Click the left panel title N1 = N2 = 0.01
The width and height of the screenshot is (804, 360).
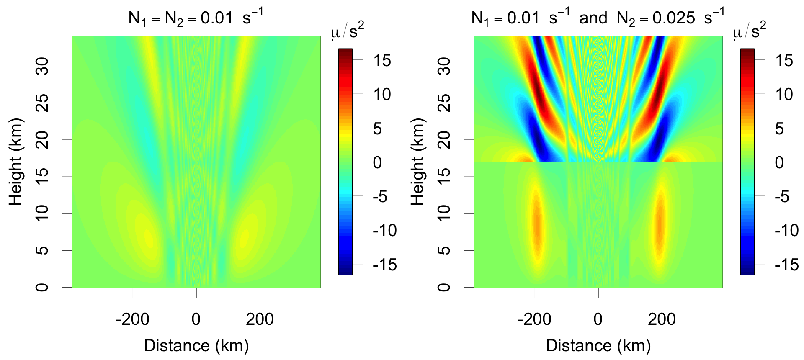click(x=196, y=18)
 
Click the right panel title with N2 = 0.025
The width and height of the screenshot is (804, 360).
click(x=598, y=18)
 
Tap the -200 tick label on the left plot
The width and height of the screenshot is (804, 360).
click(x=132, y=319)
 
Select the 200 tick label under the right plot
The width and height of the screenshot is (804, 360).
click(x=662, y=319)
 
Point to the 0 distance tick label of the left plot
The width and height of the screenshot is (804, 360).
click(x=196, y=319)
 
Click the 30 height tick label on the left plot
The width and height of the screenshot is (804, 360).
click(x=42, y=66)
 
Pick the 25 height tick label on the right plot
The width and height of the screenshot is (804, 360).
click(x=444, y=103)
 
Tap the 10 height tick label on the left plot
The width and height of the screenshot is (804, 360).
click(x=42, y=213)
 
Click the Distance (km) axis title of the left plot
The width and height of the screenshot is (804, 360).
click(x=196, y=346)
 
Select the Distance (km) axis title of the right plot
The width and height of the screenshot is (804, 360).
click(x=598, y=346)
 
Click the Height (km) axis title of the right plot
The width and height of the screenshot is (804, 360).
click(x=417, y=162)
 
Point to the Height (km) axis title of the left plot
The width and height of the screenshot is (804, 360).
click(x=15, y=162)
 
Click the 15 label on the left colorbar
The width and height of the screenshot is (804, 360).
click(x=382, y=61)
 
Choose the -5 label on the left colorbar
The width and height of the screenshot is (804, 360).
click(x=379, y=196)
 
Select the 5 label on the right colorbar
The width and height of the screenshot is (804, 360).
click(x=779, y=129)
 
